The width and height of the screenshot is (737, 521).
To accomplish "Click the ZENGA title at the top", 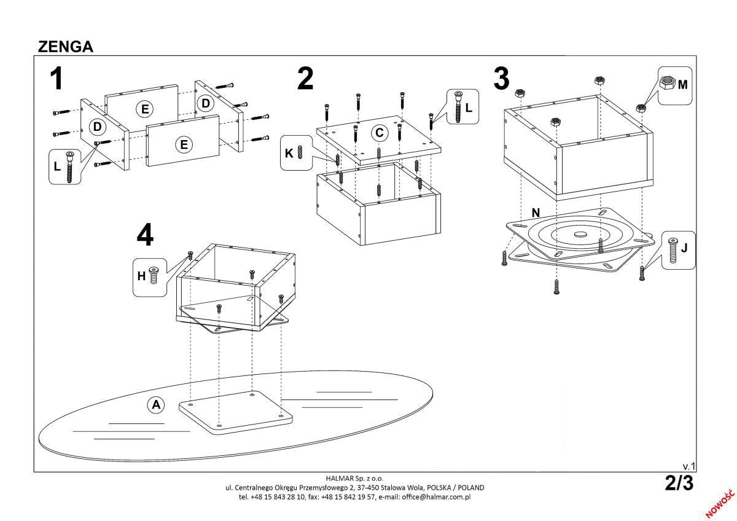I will coord(66,47).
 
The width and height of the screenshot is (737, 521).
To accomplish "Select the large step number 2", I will coord(305,79).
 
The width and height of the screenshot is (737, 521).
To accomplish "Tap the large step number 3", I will coord(501,79).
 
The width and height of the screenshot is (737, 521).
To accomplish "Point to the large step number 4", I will coord(145,235).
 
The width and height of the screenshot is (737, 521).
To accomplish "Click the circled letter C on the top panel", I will coord(380,132).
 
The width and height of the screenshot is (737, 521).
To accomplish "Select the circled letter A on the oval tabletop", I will coord(156,404).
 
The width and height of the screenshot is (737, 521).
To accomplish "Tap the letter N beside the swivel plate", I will coord(536,213).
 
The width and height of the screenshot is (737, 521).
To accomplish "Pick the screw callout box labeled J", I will coord(679,250).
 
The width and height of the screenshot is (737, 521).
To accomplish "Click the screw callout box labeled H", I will coord(149,276).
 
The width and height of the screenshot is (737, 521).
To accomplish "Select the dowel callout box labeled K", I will coord(295,153).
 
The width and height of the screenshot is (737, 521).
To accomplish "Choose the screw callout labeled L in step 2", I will coord(462,107).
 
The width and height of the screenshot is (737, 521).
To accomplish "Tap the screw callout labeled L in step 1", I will coord(64,166).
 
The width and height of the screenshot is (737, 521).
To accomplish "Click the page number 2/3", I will coord(679,484).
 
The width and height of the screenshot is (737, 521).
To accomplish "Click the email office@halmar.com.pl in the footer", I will coord(436,496).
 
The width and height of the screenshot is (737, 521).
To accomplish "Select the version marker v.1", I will coord(688,466).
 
